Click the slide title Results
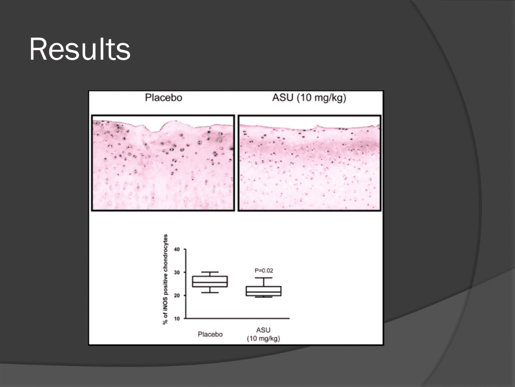(80, 49)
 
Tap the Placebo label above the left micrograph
(164, 98)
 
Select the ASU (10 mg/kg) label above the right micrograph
(309, 98)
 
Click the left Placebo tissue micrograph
(163, 163)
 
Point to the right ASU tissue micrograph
(309, 163)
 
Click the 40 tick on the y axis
(177, 249)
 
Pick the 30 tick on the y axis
(177, 273)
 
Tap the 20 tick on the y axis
(177, 296)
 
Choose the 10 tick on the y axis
(177, 319)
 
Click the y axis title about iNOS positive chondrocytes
(165, 279)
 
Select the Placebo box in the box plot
(210, 281)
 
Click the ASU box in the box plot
(263, 291)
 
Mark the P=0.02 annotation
(264, 270)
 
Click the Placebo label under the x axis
(210, 334)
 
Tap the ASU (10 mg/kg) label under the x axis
(263, 334)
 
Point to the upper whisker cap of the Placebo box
(210, 272)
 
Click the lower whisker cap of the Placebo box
(210, 292)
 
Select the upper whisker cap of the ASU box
(263, 278)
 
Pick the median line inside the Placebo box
(210, 282)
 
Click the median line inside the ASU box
(263, 292)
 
